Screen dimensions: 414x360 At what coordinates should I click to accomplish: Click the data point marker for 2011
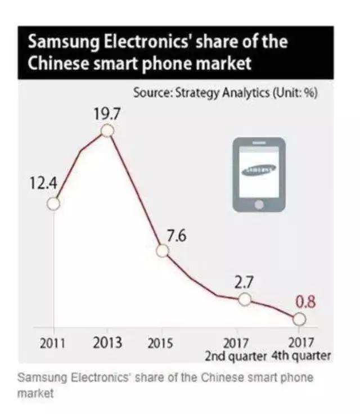[x=53, y=204]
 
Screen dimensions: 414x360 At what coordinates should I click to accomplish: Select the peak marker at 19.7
[x=107, y=131]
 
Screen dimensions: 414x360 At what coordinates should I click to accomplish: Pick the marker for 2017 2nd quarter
[x=244, y=299]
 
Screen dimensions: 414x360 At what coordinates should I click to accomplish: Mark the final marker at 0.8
[x=299, y=319]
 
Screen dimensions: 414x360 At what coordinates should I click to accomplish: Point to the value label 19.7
[x=107, y=115]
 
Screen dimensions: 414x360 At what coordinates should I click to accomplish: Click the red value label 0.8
[x=305, y=302]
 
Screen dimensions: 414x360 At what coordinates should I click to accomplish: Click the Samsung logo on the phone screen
[x=259, y=169]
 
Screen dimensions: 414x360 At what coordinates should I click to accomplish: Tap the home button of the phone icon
[x=259, y=204]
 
